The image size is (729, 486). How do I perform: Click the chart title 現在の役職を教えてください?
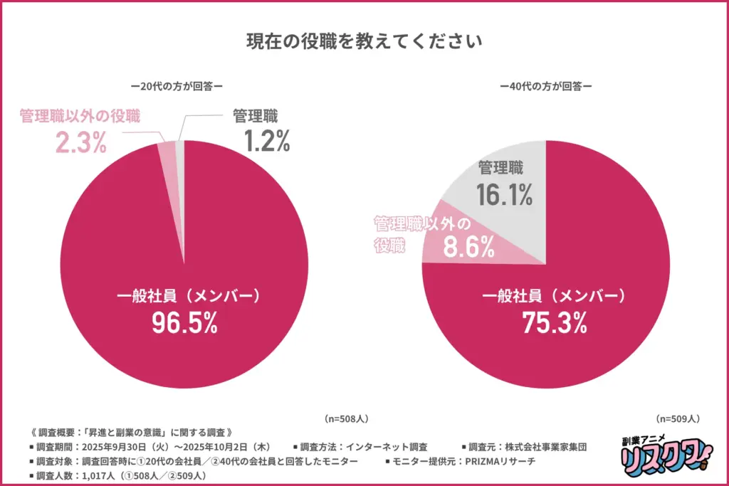[364, 41]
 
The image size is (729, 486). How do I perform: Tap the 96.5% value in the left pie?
[184, 323]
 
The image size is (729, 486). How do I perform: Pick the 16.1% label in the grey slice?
[505, 194]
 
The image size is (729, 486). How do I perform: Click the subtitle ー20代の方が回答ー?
[177, 87]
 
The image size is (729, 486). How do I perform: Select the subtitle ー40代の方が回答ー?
[546, 87]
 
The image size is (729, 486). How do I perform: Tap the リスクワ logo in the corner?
[654, 455]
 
